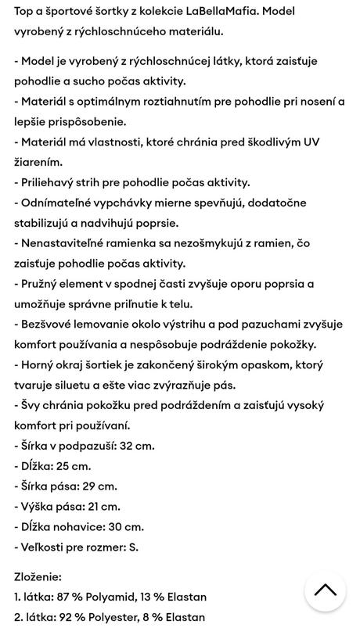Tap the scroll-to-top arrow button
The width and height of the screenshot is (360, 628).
coord(325,590)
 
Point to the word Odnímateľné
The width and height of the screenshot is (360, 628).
coord(60,203)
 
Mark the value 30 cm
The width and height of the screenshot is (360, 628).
coord(124,527)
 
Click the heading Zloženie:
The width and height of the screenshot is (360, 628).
coord(38,576)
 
